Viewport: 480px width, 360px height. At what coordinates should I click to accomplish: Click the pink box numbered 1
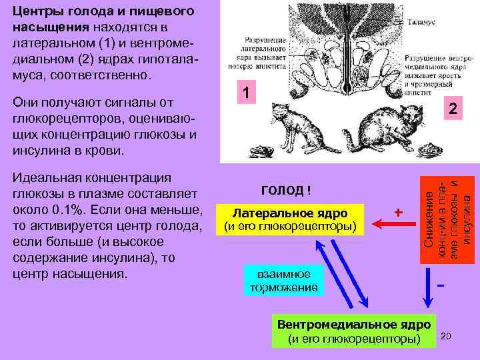point(245,93)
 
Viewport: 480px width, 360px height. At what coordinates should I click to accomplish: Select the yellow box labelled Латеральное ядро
point(289,219)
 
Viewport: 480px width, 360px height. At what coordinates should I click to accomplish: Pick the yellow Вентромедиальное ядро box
point(354,332)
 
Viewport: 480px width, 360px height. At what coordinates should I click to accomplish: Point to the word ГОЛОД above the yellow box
point(282,190)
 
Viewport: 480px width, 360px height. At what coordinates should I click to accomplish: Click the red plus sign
point(398,212)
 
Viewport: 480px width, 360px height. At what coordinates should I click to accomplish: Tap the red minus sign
point(441,286)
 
